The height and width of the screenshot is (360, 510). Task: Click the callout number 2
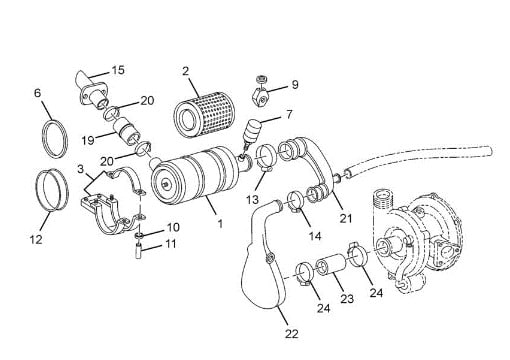(x=186, y=71)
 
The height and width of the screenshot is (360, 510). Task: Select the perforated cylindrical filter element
(x=205, y=114)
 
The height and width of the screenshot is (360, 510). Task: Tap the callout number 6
(x=38, y=93)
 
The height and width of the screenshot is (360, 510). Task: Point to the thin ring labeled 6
(x=55, y=139)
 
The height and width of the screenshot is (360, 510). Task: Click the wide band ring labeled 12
(x=52, y=190)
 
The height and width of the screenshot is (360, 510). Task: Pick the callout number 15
(x=118, y=70)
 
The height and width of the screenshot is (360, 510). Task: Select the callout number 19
(x=88, y=140)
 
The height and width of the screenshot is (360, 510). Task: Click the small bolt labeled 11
(x=138, y=251)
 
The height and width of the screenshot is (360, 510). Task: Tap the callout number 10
(x=173, y=227)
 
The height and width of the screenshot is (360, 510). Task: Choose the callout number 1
(x=220, y=223)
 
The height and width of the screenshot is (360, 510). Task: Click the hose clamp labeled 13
(x=266, y=158)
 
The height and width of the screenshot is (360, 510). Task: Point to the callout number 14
(x=315, y=236)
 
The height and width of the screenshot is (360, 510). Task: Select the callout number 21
(x=346, y=218)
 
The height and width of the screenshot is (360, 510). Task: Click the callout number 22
(x=292, y=333)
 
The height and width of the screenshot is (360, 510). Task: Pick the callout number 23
(x=347, y=298)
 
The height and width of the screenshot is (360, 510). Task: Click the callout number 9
(x=295, y=84)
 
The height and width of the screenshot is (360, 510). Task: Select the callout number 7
(x=289, y=114)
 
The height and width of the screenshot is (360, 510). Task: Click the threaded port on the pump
(x=382, y=200)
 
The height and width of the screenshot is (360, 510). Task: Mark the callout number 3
(x=80, y=169)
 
